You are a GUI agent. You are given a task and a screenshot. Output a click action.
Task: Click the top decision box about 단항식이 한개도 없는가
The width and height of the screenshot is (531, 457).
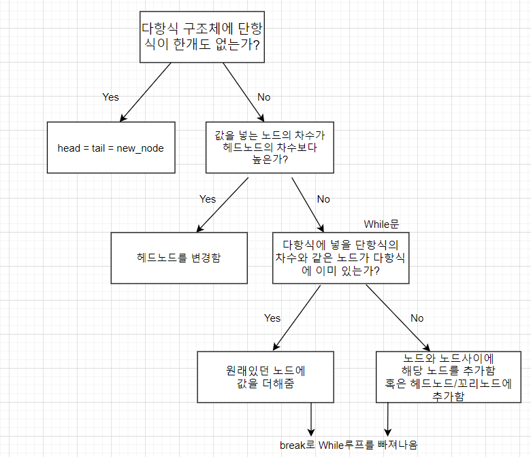[x=202, y=37]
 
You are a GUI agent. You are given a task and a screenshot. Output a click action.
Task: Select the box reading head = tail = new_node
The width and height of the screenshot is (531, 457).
[x=110, y=148]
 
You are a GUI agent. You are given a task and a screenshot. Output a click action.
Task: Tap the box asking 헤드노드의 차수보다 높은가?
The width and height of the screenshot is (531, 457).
[x=270, y=147]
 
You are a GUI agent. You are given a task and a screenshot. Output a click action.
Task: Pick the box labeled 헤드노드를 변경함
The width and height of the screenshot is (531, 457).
[x=179, y=258]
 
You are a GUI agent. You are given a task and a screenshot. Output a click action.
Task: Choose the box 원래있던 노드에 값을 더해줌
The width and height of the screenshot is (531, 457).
[x=265, y=377]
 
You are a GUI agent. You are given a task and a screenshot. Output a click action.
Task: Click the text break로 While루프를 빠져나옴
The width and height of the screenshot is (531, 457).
[x=349, y=445]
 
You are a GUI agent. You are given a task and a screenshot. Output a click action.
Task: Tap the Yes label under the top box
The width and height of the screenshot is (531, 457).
[x=110, y=97]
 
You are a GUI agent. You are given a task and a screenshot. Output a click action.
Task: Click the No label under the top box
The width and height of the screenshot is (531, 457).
[x=263, y=97]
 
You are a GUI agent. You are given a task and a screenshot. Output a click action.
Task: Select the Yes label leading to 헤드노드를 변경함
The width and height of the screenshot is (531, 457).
[x=207, y=199]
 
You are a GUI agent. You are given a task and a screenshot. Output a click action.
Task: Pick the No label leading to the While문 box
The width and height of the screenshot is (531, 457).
[x=323, y=199]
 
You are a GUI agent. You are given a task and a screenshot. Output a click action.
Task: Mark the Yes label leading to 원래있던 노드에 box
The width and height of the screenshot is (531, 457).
[x=272, y=318]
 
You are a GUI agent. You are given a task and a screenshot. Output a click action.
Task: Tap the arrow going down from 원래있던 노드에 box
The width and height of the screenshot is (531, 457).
[x=312, y=418]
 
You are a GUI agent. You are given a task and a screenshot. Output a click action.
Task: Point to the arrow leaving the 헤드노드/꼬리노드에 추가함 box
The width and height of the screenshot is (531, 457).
[x=388, y=418]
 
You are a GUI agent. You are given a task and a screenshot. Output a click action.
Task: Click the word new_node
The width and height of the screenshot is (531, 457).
[x=140, y=148]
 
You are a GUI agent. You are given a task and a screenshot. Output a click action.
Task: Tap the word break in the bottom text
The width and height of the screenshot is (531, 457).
[x=293, y=445]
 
